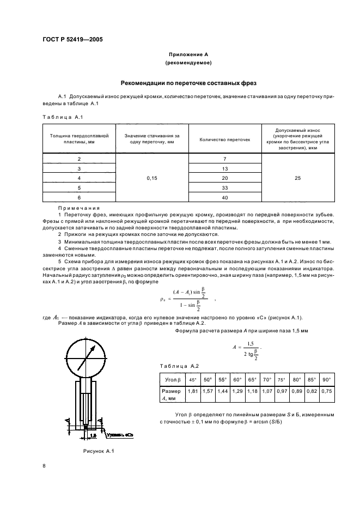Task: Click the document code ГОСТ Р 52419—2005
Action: [x=72, y=40]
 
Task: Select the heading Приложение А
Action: [x=187, y=54]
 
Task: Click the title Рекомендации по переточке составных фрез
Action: [x=187, y=83]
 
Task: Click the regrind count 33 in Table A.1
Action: [x=224, y=187]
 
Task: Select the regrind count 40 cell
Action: [x=224, y=197]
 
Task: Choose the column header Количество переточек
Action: [x=224, y=139]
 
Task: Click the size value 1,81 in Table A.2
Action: [x=192, y=391]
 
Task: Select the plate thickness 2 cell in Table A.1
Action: [x=80, y=158]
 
